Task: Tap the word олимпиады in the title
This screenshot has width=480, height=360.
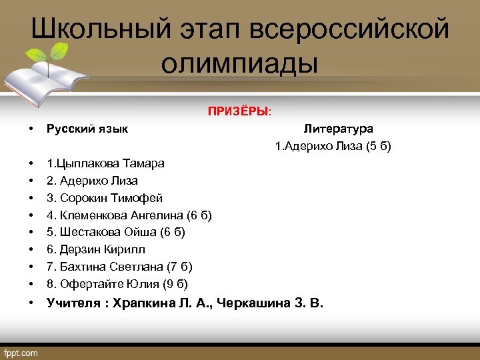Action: point(239,64)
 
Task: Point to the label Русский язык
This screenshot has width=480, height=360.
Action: point(87,129)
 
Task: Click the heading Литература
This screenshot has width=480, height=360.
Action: point(338,129)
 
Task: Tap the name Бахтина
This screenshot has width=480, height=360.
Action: point(81,267)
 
